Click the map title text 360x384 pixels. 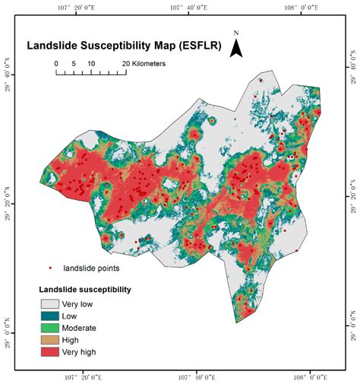(123, 45)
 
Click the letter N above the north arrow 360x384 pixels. (236, 33)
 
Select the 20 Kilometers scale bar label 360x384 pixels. (144, 63)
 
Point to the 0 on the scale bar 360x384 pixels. (57, 63)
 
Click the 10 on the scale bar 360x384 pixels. (90, 63)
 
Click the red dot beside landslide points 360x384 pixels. (50, 268)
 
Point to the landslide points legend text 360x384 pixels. (91, 268)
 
